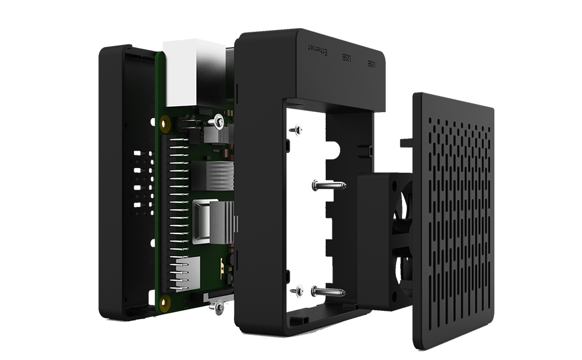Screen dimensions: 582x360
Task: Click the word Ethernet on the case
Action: tap(317, 50)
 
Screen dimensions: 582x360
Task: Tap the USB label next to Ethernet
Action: tap(346, 58)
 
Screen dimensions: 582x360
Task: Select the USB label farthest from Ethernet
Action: tap(371, 64)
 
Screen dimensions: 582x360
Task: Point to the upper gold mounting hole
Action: tap(165, 124)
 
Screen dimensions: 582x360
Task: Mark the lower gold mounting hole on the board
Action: tap(164, 303)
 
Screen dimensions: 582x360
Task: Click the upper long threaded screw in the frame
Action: tap(329, 185)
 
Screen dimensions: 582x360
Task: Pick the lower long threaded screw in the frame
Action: tap(328, 292)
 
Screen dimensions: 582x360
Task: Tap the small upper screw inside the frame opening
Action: tap(296, 130)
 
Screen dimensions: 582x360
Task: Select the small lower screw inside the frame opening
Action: tap(297, 291)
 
